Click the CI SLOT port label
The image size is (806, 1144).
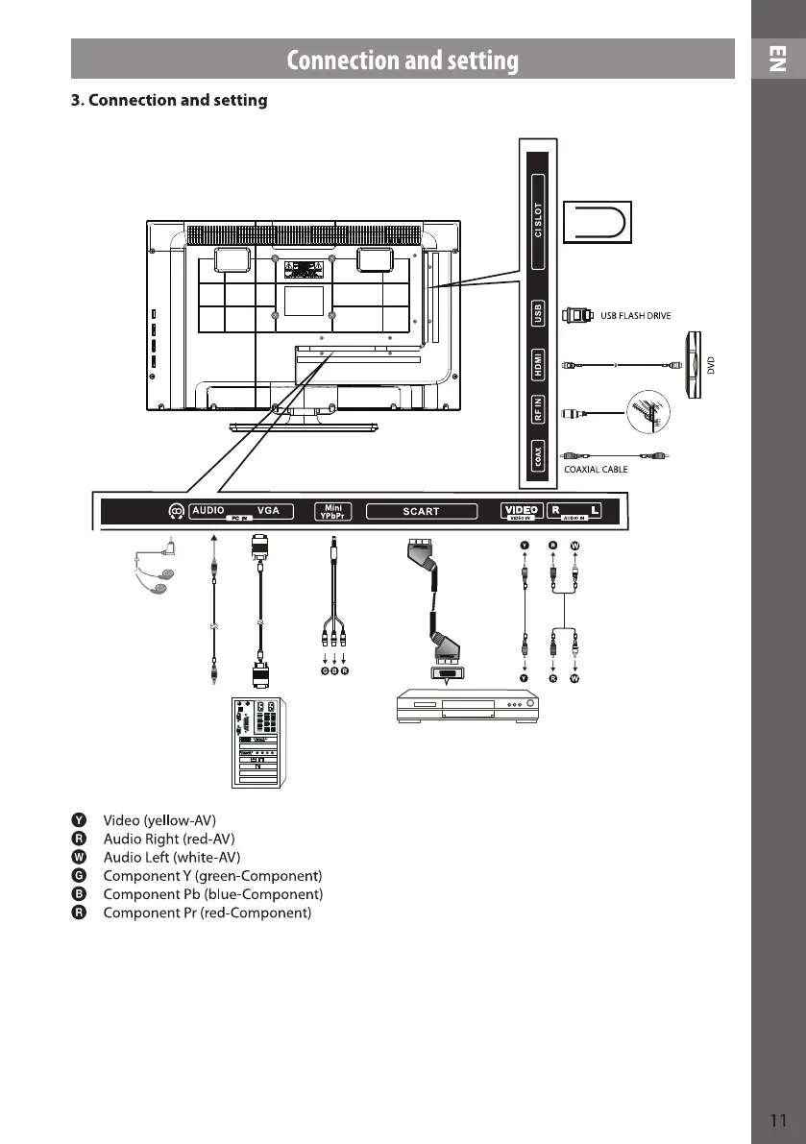point(539,221)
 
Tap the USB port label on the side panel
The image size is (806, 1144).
point(539,313)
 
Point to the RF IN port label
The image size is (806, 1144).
point(539,410)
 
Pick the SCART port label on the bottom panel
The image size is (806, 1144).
point(421,511)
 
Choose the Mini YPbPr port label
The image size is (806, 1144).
point(333,511)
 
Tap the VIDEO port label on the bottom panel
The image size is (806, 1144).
point(522,510)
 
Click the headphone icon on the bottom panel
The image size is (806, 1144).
point(176,511)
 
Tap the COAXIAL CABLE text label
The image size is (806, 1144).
point(596,470)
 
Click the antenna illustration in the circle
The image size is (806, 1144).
point(643,411)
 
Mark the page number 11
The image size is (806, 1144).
point(778,1120)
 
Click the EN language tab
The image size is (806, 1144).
point(777,60)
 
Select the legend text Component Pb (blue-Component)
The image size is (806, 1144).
point(212,894)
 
